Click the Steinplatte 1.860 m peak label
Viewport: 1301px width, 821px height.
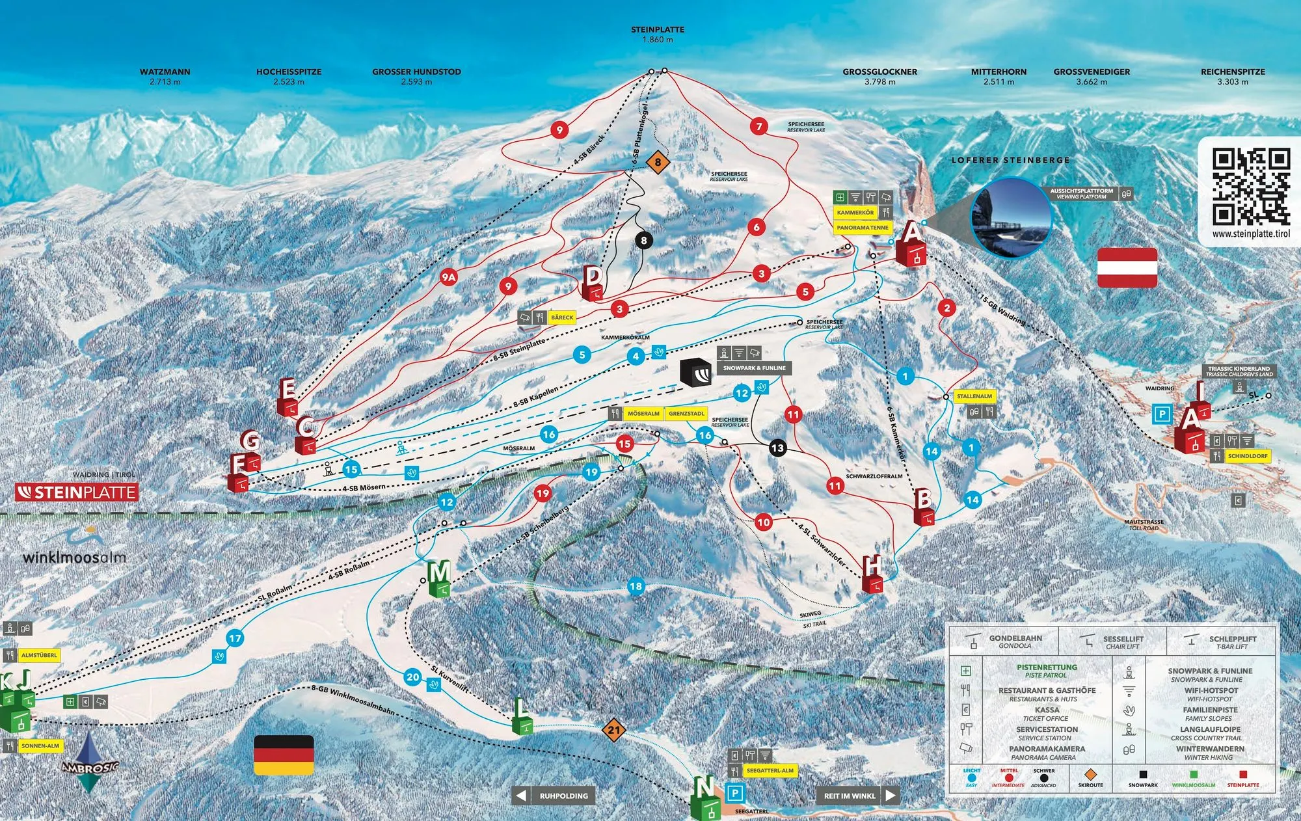658,34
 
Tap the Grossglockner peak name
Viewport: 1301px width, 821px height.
879,72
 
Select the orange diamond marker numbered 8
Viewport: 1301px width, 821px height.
658,162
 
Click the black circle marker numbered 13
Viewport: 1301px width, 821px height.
777,448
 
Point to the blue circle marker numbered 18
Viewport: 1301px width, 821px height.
636,586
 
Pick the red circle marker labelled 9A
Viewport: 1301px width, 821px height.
448,277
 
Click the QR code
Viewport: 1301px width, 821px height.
1250,186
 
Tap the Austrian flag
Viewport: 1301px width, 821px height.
1127,267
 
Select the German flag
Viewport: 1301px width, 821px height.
284,755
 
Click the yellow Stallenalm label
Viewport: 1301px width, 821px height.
974,396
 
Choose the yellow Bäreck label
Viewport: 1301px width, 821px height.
562,317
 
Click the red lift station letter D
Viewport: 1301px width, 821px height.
592,276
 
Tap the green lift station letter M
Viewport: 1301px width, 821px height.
439,573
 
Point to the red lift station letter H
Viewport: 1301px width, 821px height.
872,567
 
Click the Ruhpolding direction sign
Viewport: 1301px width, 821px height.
553,796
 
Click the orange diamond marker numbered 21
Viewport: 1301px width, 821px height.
614,730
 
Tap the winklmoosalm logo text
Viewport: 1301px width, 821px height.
74,558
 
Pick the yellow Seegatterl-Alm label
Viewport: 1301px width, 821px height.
770,770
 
